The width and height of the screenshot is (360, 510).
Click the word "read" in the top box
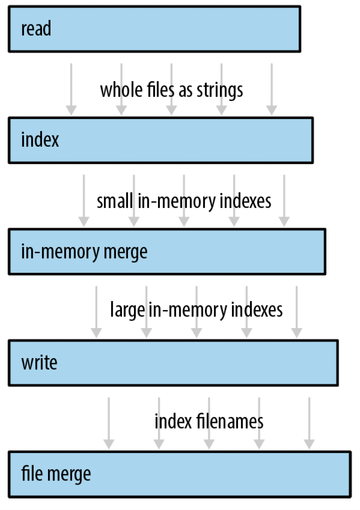[36, 28]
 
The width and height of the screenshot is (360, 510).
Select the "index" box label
[40, 139]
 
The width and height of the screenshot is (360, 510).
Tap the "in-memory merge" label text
[84, 252]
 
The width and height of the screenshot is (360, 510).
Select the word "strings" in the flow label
[220, 91]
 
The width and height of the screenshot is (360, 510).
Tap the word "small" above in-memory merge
[115, 201]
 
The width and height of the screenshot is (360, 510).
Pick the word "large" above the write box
[128, 310]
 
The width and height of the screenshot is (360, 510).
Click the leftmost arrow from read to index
[71, 89]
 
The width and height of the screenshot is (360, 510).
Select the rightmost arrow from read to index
[272, 89]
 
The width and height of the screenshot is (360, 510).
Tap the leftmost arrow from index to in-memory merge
[84, 201]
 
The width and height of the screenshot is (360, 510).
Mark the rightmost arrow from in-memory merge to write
[297, 312]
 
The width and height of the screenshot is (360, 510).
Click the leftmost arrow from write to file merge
[109, 424]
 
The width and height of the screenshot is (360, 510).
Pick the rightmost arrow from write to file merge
[309, 424]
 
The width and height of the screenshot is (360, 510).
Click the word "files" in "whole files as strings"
[162, 90]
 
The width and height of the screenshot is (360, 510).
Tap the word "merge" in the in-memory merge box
[126, 253]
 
